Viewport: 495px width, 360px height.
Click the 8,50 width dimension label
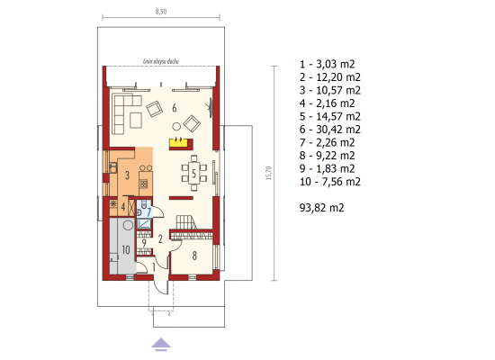point(161,12)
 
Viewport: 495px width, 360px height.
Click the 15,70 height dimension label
point(269,173)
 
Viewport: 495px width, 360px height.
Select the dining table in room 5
point(193,173)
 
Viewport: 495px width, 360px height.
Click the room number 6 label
point(175,108)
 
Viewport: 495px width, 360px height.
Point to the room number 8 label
point(194,256)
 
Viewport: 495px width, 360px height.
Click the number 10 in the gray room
point(126,250)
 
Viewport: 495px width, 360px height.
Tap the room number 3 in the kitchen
point(127,175)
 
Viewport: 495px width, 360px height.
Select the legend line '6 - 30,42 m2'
point(330,130)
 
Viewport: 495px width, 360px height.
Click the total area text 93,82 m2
point(321,208)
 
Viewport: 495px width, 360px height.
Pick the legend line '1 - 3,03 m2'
point(327,64)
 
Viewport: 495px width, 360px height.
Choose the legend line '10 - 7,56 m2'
point(330,182)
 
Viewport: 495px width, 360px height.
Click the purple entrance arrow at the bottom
point(161,344)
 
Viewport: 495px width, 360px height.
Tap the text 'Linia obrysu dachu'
point(161,61)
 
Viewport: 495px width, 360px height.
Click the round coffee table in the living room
point(176,127)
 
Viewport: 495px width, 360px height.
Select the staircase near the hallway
point(186,222)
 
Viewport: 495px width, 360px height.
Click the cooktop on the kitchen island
point(144,184)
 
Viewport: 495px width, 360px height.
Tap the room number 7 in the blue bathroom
point(148,211)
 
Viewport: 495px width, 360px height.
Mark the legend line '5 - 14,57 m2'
point(330,116)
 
